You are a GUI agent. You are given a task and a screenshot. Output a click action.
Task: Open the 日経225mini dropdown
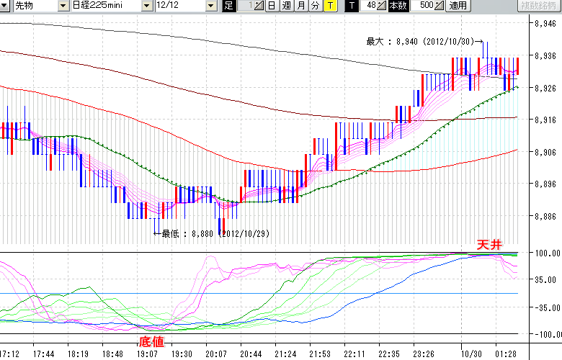click(112, 6)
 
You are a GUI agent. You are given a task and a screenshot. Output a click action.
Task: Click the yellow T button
click(329, 6)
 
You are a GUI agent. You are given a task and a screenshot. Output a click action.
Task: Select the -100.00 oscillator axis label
click(544, 334)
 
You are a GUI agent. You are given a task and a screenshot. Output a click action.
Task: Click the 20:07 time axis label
click(217, 354)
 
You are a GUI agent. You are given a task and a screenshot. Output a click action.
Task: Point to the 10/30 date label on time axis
click(471, 354)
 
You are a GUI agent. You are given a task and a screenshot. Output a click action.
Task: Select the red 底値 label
click(152, 341)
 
